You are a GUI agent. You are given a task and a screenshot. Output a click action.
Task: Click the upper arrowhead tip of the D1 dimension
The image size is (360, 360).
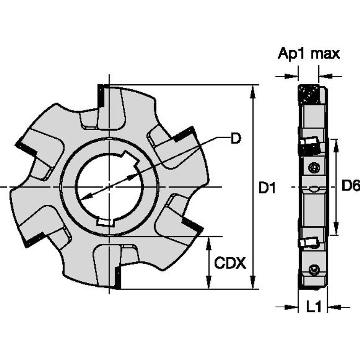(253, 86)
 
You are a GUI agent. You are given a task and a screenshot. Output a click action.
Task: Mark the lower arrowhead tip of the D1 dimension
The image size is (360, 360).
(253, 289)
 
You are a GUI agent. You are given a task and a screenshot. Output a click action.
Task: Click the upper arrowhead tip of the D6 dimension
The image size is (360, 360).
(336, 139)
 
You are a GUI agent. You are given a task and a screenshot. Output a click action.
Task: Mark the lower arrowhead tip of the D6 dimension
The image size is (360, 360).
(336, 235)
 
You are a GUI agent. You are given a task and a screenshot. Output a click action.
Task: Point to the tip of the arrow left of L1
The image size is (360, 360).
(298, 307)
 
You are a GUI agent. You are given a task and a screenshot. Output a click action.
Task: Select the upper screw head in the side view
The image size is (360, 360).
(313, 168)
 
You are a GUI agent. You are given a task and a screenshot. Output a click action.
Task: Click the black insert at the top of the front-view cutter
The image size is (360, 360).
(101, 96)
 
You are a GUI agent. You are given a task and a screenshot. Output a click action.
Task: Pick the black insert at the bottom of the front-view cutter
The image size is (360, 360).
(118, 278)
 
